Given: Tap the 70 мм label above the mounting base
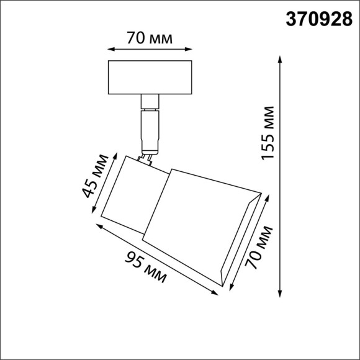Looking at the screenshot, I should point(148,37).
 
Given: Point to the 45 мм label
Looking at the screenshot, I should point(92,179).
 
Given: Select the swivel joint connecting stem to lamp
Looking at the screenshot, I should point(148,160).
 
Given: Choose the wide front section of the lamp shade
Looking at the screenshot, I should point(199,217).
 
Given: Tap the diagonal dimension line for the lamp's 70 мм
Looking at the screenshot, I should point(251,242).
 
